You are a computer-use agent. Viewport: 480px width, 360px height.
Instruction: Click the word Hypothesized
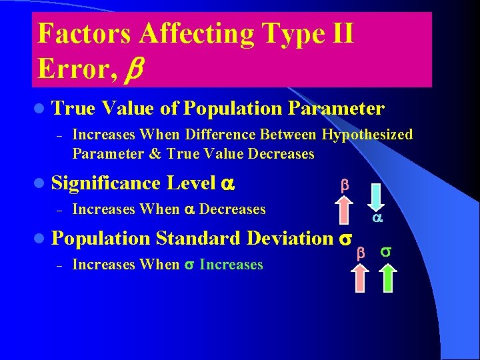[367, 135]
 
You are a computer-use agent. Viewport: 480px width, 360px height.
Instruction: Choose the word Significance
[105, 183]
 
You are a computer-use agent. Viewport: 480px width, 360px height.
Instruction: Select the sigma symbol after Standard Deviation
[345, 239]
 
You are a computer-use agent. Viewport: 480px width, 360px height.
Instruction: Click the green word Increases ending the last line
[231, 265]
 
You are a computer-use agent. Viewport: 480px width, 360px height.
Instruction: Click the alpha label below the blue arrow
[377, 217]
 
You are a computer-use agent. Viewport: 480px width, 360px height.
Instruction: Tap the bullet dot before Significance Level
[41, 183]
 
